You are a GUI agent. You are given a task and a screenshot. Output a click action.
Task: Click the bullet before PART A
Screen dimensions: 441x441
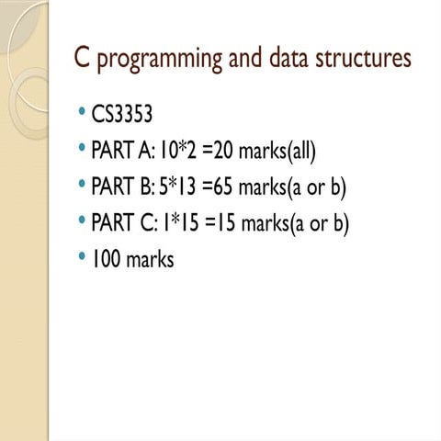(83, 149)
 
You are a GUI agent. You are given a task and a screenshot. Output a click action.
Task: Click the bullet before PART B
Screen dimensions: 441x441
(83, 186)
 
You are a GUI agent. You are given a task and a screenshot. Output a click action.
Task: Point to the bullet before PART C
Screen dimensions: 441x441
(83, 222)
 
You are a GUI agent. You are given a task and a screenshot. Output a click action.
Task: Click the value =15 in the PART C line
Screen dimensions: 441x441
(219, 223)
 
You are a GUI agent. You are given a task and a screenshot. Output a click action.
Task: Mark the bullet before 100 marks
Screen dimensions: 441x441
(83, 259)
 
